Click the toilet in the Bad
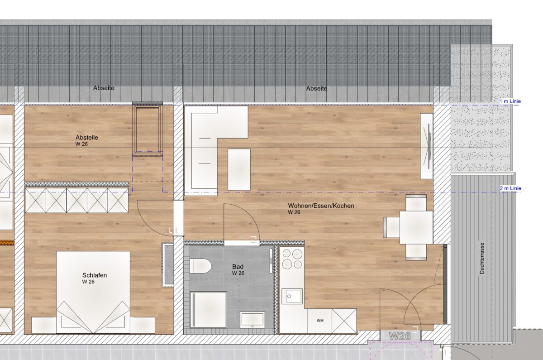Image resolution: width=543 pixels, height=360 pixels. pyautogui.click(x=201, y=266)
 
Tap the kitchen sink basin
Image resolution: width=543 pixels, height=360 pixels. pyautogui.click(x=294, y=296)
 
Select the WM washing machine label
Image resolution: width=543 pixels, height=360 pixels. pyautogui.click(x=320, y=321)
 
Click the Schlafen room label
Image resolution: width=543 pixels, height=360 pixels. pyautogui.click(x=95, y=275)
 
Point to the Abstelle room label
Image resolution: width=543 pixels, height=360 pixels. pyautogui.click(x=87, y=137)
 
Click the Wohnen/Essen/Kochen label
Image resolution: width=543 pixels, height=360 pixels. pyautogui.click(x=321, y=206)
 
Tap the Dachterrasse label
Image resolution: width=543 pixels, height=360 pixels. pyautogui.click(x=481, y=259)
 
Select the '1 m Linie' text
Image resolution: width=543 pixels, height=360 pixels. pyautogui.click(x=510, y=101)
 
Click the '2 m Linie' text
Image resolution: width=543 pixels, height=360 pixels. pyautogui.click(x=510, y=188)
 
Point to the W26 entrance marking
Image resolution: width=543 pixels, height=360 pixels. pyautogui.click(x=400, y=336)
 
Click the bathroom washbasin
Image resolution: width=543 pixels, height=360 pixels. pyautogui.click(x=252, y=319)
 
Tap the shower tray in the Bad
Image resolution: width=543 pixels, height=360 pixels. pyautogui.click(x=209, y=310)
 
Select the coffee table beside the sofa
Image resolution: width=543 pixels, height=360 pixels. pyautogui.click(x=239, y=169)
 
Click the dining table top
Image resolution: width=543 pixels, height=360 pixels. pyautogui.click(x=416, y=227)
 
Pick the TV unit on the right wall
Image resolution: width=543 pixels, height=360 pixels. pyautogui.click(x=427, y=146)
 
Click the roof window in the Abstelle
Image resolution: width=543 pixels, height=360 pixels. pyautogui.click(x=148, y=130)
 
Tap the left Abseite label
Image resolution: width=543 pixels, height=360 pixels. pyautogui.click(x=104, y=88)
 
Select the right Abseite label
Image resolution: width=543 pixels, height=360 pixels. pyautogui.click(x=317, y=88)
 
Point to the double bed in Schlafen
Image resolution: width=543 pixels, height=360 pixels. pyautogui.click(x=93, y=292)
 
